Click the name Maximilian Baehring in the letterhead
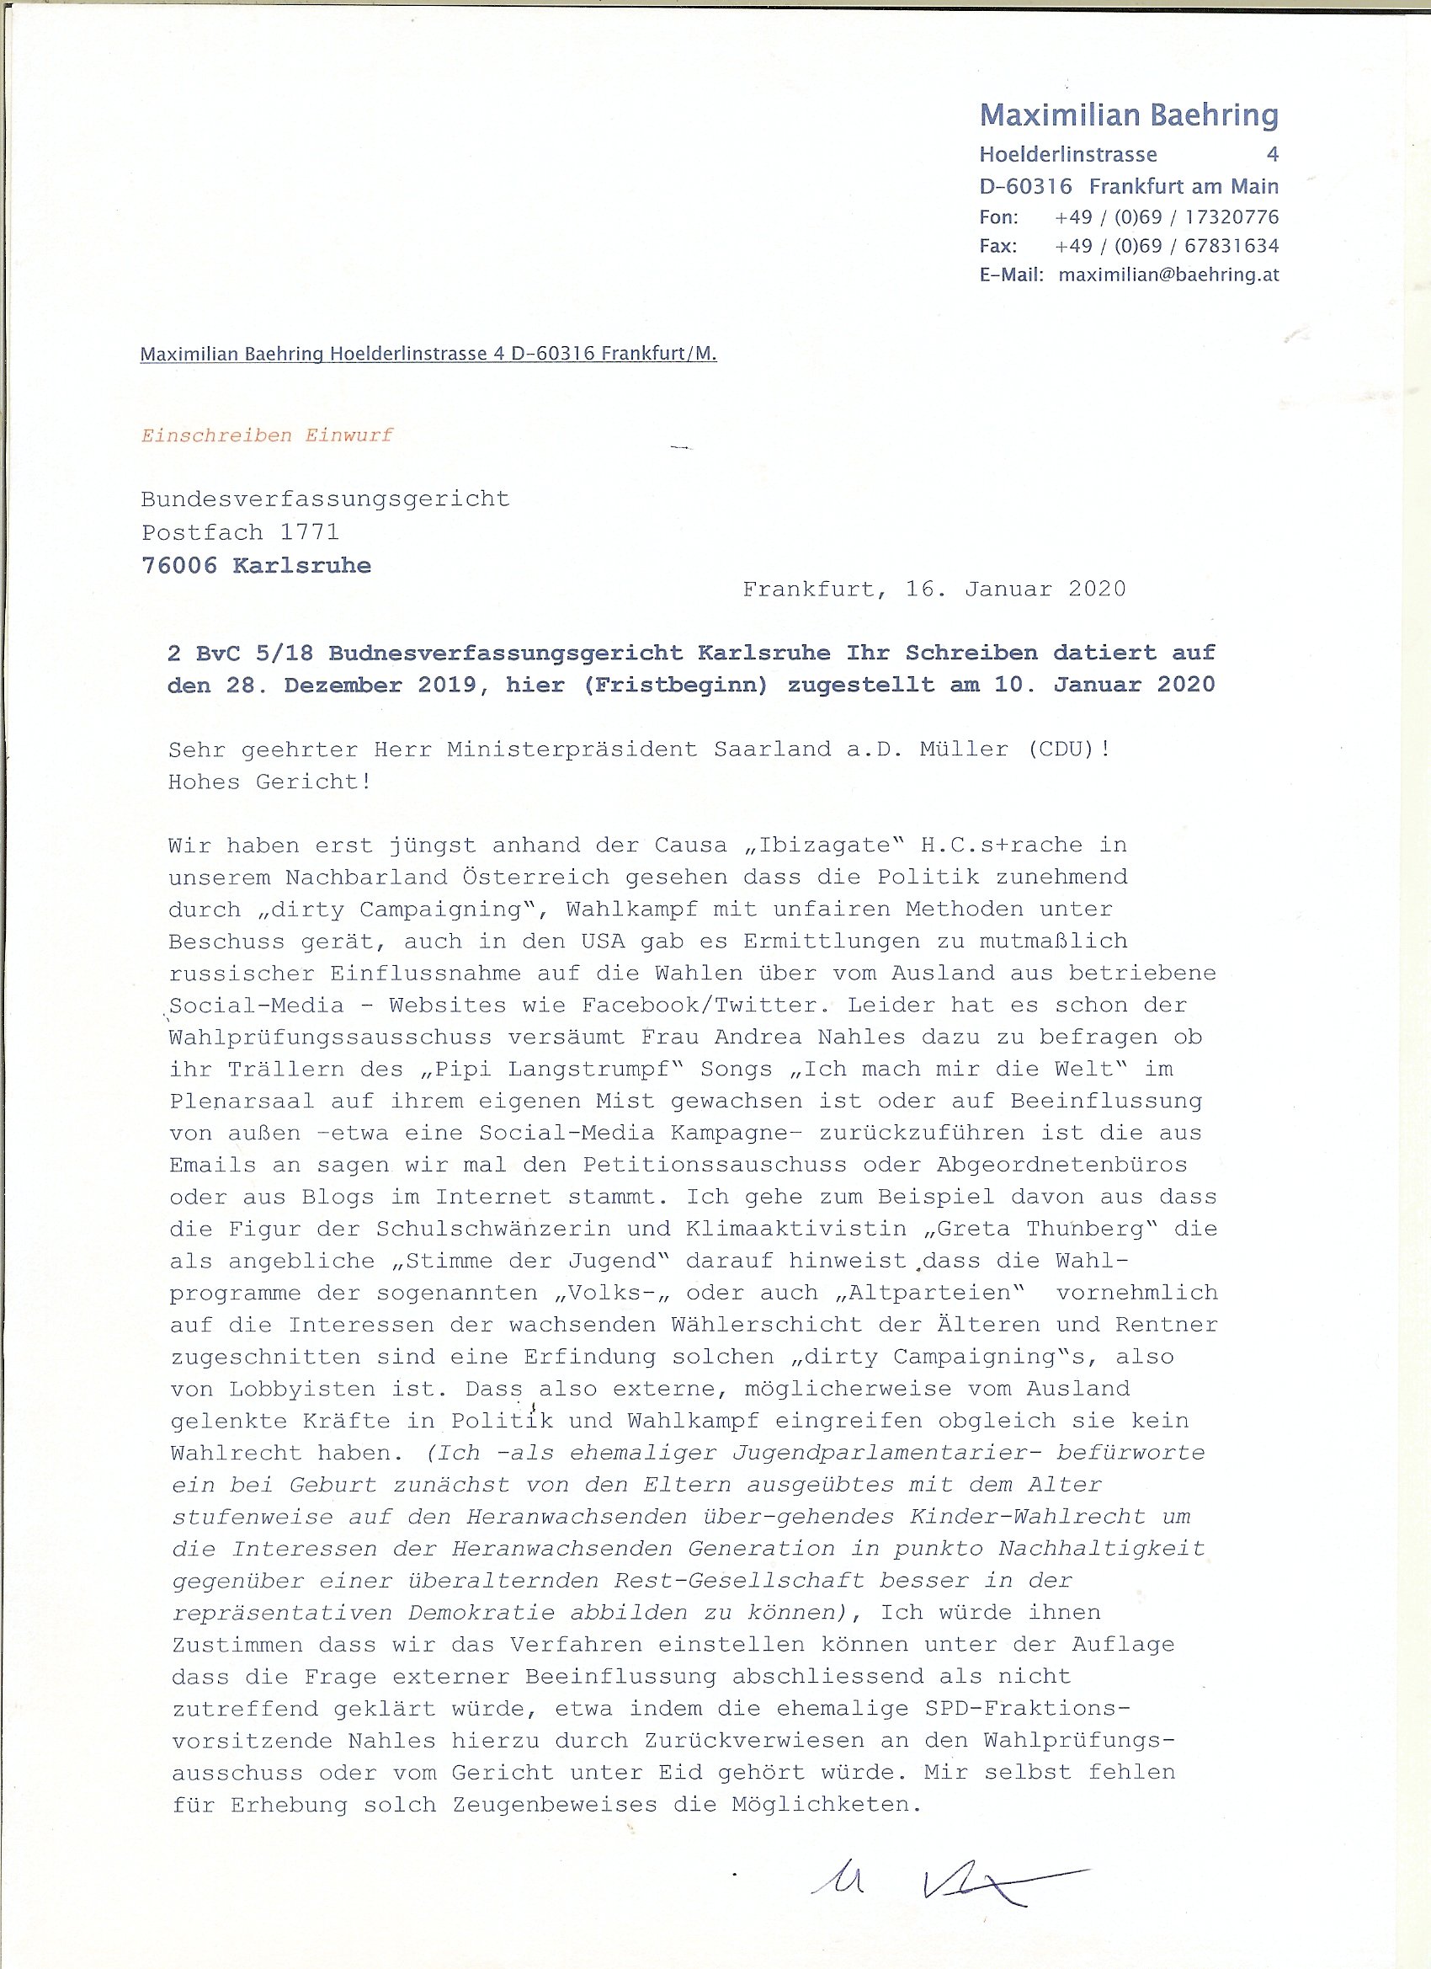click(1128, 115)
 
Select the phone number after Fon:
click(1167, 216)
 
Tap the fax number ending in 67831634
click(1167, 246)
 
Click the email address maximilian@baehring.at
click(1168, 275)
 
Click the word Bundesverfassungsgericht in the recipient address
click(325, 499)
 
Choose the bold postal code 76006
click(178, 565)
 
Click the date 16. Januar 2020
click(1015, 589)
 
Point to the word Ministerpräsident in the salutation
click(572, 749)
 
